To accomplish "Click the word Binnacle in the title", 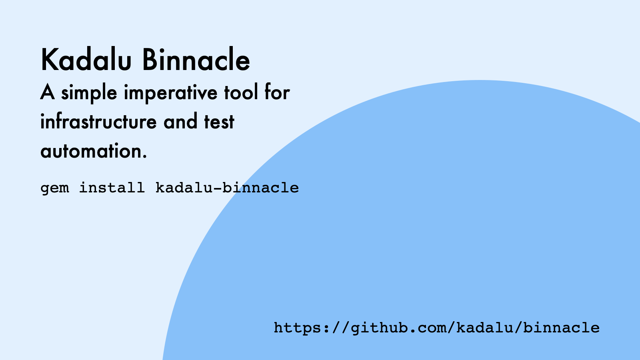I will [196, 60].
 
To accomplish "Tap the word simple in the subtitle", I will [89, 93].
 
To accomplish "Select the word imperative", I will [170, 93].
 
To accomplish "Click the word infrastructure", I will [98, 122].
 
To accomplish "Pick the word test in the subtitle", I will [219, 122].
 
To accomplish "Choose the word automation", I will [91, 151].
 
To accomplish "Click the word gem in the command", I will [55, 188].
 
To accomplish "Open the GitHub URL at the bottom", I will [436, 328].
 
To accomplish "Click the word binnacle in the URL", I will [561, 328].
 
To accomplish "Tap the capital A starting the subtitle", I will [47, 93].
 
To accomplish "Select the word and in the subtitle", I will [180, 122].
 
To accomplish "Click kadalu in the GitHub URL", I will [484, 328].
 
